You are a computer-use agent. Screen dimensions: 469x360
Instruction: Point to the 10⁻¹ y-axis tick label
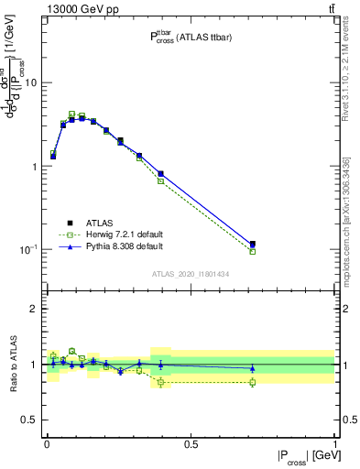click(28, 249)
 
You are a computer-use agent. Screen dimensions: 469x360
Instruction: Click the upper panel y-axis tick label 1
click(34, 167)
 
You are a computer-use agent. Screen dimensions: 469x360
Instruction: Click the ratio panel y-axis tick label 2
click(34, 309)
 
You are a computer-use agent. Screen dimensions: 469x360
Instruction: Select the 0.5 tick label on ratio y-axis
click(29, 420)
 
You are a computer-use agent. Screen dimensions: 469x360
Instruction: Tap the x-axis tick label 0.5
click(191, 443)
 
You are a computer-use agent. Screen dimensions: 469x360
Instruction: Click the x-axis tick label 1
click(333, 443)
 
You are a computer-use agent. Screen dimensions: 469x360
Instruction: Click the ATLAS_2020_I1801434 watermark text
click(190, 274)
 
